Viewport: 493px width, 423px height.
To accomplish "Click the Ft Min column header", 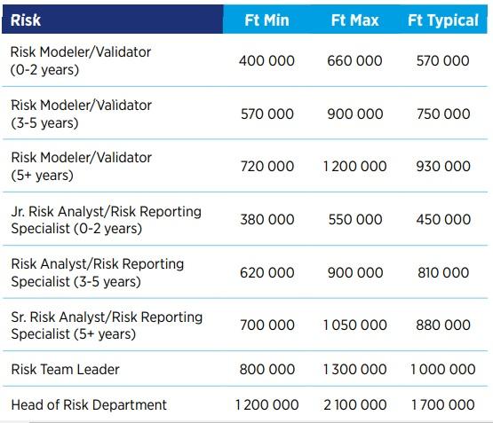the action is point(266,20).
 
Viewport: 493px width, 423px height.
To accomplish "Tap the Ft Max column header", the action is point(354,20).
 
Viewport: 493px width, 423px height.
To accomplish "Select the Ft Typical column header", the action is point(443,21).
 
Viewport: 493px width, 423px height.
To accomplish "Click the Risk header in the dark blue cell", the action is point(26,20).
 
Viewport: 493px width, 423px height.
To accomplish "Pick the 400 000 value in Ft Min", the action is point(266,60).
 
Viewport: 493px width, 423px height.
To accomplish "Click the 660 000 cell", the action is point(354,60).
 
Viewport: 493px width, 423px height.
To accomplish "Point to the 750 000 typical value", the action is point(443,114).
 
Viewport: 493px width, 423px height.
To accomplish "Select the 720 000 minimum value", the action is point(267,167).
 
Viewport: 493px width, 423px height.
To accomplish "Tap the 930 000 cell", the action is point(443,167).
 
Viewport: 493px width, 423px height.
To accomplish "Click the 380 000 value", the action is point(267,219).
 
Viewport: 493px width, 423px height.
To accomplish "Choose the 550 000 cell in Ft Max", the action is point(355,219).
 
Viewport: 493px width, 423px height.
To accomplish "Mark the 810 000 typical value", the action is point(443,272).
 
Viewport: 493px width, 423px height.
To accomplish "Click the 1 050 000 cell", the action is point(355,325).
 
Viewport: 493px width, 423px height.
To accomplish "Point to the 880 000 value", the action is point(443,325).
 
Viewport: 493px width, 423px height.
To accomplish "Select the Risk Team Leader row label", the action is point(66,369).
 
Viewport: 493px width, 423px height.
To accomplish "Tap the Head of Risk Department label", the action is point(89,404).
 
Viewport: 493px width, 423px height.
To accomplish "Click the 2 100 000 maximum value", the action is point(355,404).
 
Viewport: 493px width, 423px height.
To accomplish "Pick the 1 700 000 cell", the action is point(443,404).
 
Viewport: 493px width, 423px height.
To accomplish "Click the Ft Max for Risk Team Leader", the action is point(355,369).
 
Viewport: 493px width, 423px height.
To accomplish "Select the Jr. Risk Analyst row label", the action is point(107,220).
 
